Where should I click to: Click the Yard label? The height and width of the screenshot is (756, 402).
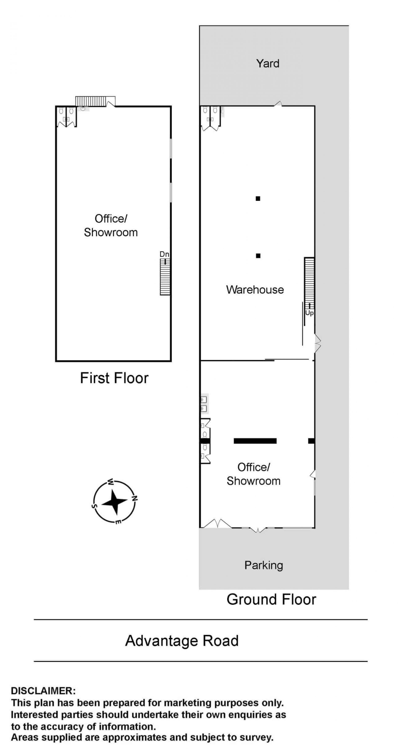pos(267,63)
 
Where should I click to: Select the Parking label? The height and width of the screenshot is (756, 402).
pos(264,565)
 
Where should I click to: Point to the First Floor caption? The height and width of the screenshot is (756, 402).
pos(114,378)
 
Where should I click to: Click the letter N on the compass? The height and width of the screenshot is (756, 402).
pos(135,498)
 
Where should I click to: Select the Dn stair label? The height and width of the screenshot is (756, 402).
pos(164,254)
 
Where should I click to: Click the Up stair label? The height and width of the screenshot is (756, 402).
pos(309,313)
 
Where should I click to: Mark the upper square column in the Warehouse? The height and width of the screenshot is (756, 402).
pos(258,199)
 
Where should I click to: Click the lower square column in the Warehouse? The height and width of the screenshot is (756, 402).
pos(258,256)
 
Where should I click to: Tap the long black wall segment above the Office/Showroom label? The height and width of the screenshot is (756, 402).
pos(255,441)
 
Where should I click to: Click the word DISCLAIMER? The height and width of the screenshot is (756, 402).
pos(43,691)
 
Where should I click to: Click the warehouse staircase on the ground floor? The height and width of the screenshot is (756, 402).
pos(309,280)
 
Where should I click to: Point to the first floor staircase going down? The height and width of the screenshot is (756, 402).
pos(165,276)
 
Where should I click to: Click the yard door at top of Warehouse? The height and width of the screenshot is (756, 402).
pos(278,104)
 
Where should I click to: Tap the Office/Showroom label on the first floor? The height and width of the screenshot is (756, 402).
pos(111,225)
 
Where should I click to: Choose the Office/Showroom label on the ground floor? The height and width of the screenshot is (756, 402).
pos(253,474)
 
